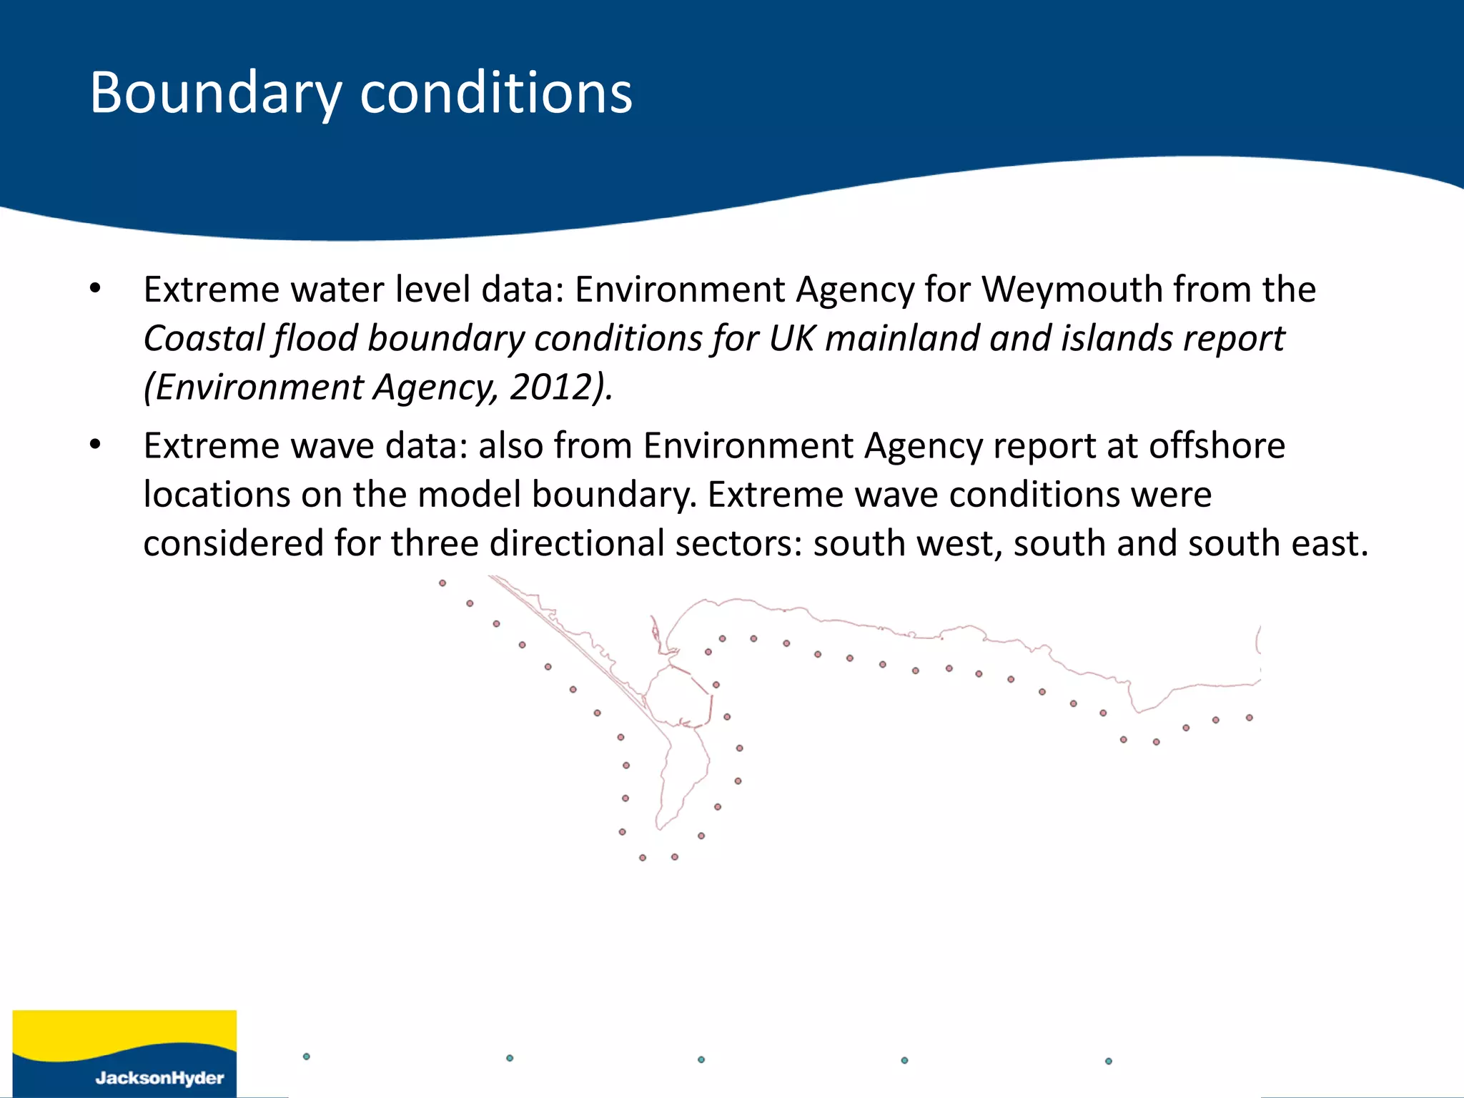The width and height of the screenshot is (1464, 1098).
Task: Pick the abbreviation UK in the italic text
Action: [x=791, y=339]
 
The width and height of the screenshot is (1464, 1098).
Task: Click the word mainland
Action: [x=902, y=339]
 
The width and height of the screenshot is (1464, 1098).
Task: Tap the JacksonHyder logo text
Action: [x=159, y=1078]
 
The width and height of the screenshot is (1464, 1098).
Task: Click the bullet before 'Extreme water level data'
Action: [x=96, y=290]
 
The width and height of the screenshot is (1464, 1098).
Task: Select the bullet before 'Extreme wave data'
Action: [x=96, y=446]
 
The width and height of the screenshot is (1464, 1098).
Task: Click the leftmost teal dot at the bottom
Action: [x=307, y=1057]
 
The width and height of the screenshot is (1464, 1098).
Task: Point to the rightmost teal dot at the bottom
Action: [x=1109, y=1062]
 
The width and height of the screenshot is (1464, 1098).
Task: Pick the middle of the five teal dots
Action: [x=701, y=1059]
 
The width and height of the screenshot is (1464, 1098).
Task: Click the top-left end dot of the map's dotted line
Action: [x=442, y=583]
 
